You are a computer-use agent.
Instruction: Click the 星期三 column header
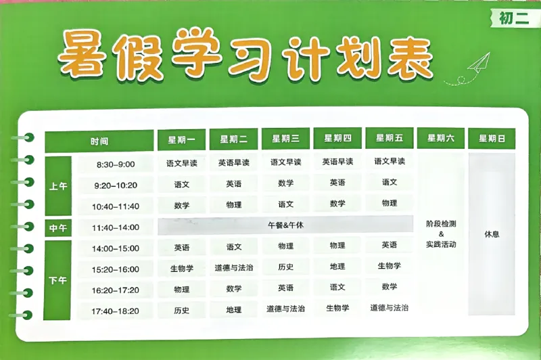point(285,139)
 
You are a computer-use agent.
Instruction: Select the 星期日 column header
point(492,139)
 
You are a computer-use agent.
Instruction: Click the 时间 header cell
point(99,141)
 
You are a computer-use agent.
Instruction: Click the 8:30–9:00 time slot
point(116,164)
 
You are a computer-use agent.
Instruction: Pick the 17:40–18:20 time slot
point(116,311)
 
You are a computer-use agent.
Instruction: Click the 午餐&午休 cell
point(285,225)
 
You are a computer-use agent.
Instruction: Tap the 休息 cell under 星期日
point(492,234)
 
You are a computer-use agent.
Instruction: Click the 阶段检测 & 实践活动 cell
point(441,233)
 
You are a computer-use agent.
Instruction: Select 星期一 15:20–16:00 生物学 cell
point(181,268)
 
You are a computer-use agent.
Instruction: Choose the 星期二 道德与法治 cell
point(233,268)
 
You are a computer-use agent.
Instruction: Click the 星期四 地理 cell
point(337,267)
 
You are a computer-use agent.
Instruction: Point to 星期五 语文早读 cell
point(390,161)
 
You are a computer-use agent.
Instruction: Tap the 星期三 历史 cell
point(285,267)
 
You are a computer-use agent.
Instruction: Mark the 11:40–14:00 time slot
point(116,227)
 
